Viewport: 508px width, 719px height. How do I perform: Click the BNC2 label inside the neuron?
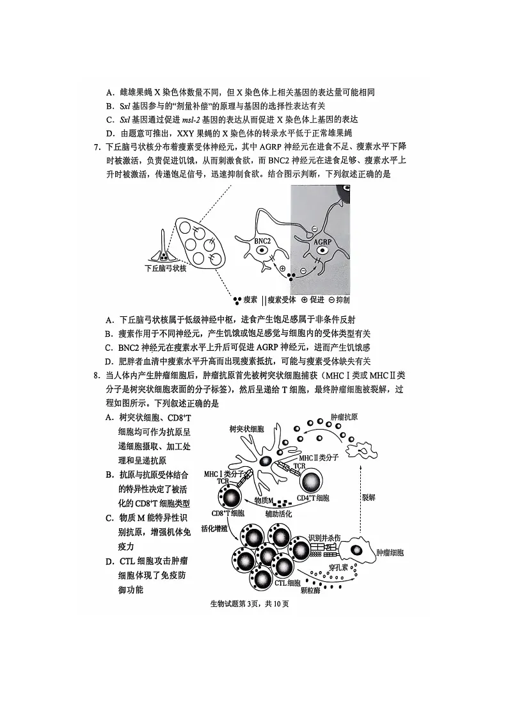click(262, 241)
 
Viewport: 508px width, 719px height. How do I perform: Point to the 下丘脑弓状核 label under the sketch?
click(166, 268)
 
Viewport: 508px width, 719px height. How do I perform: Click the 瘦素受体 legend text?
click(281, 299)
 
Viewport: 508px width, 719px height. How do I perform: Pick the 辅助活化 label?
click(278, 513)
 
